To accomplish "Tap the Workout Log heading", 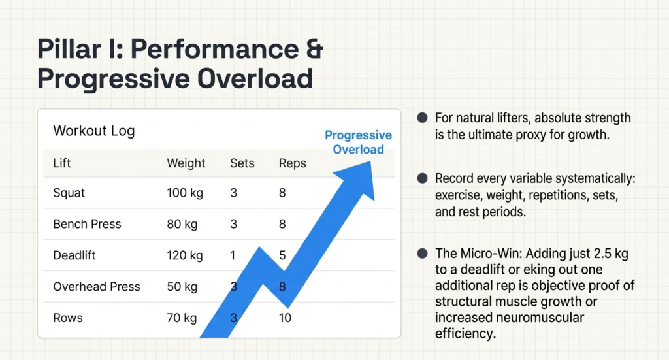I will point(93,131).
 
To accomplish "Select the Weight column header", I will point(186,163).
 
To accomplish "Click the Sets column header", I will point(242,163).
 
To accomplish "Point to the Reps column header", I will point(292,163).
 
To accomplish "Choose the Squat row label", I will point(69,193).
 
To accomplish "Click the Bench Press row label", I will point(87,224).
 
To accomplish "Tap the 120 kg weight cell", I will point(185,255).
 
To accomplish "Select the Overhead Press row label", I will point(97,287).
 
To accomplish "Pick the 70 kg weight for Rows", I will point(182,318).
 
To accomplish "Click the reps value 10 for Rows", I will point(285,318).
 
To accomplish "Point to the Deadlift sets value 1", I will point(233,255).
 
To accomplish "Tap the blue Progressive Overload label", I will point(358,142).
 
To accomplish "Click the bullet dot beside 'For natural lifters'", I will point(422,118).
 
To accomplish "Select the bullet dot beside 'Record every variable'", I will point(422,178).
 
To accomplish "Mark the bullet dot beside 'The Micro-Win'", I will point(422,253).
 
